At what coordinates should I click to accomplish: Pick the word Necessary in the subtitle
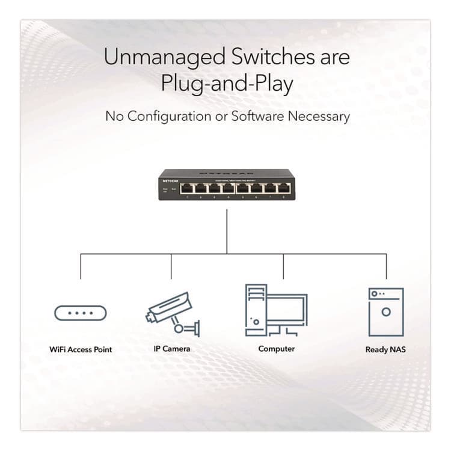point(318,116)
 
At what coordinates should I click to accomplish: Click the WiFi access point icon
point(80,313)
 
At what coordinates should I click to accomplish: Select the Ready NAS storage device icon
point(385,311)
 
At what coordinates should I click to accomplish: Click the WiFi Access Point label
point(81,349)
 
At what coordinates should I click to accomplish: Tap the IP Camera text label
point(171,349)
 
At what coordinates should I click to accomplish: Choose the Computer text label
point(276,349)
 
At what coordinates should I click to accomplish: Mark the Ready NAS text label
point(385,349)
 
